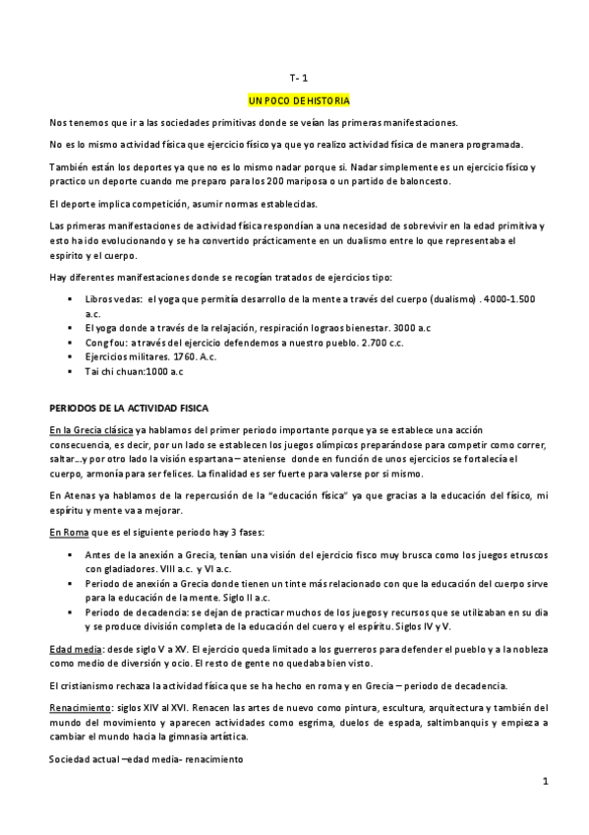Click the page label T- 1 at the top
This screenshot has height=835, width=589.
(299, 78)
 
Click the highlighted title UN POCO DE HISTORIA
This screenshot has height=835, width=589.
(299, 100)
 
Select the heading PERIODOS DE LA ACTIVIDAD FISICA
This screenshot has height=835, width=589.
(136, 407)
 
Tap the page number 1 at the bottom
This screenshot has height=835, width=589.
(543, 781)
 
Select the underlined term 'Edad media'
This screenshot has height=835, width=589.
(75, 650)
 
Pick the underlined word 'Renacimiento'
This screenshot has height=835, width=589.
(81, 708)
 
